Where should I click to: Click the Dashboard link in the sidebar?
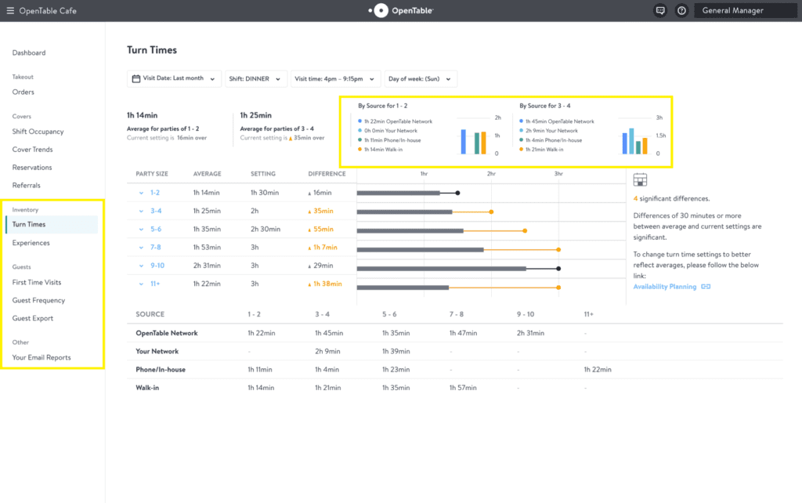(29, 52)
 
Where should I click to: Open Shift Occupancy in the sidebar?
(38, 132)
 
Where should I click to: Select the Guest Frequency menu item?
(38, 300)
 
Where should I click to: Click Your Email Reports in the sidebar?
(42, 357)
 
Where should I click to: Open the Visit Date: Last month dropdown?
(174, 78)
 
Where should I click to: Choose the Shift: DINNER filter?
(256, 78)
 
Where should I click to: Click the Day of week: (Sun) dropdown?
(420, 78)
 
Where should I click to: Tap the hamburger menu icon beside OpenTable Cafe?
(10, 10)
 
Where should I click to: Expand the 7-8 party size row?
(142, 247)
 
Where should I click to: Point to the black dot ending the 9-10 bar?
(558, 268)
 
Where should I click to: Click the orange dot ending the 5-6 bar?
(525, 230)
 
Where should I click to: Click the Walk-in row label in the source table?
(147, 388)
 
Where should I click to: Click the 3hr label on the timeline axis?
(558, 173)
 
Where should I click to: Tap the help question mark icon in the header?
(681, 10)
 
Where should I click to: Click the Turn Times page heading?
(152, 50)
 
